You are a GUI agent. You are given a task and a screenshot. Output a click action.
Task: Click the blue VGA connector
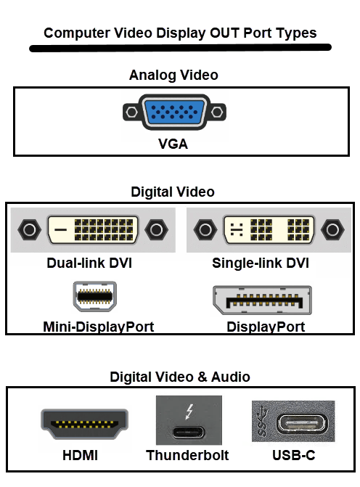pos(174,112)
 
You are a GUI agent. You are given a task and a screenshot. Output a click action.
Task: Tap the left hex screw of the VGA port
pos(131,112)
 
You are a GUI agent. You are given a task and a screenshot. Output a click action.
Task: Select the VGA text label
pos(173,144)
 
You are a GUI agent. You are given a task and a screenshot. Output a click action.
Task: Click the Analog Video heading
pos(173,75)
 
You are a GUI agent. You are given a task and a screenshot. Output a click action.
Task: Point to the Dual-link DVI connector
pos(93,229)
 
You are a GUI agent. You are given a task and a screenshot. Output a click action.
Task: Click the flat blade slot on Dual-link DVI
pos(60,230)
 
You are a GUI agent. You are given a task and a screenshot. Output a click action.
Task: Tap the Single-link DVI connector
pos(269,229)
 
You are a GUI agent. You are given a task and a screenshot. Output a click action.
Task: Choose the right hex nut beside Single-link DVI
pos(332,229)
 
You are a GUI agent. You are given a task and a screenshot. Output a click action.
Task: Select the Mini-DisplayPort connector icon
pos(95,296)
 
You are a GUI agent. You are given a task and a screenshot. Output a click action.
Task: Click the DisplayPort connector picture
pos(262,300)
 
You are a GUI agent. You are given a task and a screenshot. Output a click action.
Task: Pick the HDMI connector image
pos(84,424)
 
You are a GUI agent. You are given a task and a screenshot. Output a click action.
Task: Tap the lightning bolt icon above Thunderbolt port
pos(189,412)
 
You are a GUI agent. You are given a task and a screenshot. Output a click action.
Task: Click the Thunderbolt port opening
pos(189,433)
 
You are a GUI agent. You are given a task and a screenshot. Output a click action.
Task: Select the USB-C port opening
pos(302,423)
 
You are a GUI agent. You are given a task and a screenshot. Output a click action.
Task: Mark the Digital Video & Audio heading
pos(180,377)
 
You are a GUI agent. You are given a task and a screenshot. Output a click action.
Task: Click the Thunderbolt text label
pos(187,455)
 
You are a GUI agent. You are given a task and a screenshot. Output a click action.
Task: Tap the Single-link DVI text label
pos(261,263)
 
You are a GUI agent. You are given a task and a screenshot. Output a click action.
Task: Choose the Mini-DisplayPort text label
pos(99,327)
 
